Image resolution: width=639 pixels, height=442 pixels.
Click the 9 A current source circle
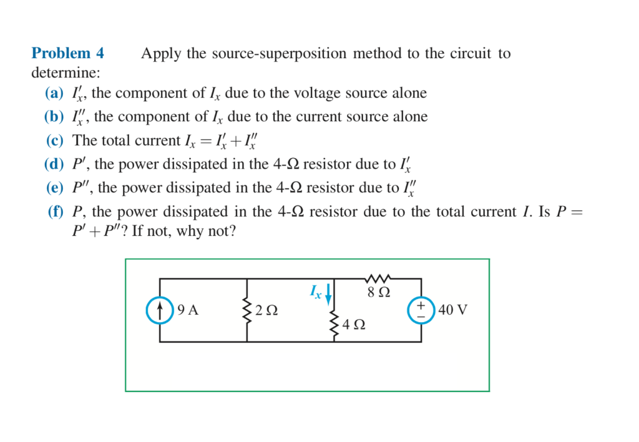click(160, 310)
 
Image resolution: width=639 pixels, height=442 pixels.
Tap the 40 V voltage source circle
click(421, 310)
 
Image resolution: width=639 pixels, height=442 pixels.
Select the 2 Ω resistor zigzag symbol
click(247, 310)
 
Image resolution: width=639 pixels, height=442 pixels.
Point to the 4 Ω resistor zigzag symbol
click(334, 325)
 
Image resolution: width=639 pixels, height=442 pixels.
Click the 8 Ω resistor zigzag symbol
click(379, 278)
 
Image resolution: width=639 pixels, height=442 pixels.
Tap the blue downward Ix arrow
click(328, 292)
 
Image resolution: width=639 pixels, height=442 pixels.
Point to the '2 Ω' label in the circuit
click(266, 310)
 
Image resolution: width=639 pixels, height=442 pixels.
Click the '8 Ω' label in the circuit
click(379, 292)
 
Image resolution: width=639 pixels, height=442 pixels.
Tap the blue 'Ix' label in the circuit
click(316, 292)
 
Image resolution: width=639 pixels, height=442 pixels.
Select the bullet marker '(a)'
click(55, 94)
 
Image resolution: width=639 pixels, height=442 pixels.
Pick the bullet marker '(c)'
click(55, 140)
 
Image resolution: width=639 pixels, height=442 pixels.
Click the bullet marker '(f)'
click(56, 212)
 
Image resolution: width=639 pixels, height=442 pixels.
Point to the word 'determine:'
click(66, 73)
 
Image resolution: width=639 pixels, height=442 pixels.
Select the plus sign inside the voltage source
click(421, 305)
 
